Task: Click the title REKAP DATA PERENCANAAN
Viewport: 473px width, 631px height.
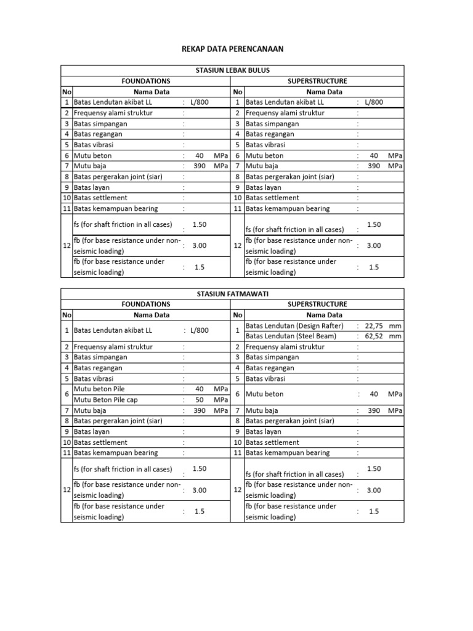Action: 232,49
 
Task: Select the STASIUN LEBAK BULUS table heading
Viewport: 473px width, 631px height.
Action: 232,71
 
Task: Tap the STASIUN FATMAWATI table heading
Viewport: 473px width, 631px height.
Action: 232,294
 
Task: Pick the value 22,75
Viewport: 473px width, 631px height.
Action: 374,325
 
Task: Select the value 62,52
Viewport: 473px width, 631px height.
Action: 374,336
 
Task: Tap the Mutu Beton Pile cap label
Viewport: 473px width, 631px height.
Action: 105,399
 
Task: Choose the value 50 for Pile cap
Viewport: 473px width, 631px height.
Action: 199,399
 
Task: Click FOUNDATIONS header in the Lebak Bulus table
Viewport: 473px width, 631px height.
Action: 146,81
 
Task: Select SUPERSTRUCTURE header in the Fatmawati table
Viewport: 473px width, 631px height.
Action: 317,304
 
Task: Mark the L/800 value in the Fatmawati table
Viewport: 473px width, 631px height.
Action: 199,330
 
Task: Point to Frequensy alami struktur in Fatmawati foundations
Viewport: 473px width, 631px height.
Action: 113,347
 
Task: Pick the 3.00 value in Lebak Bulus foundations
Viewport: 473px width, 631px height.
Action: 199,245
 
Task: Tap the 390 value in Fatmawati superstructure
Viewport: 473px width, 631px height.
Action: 374,410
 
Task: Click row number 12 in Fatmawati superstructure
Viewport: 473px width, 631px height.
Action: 237,490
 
